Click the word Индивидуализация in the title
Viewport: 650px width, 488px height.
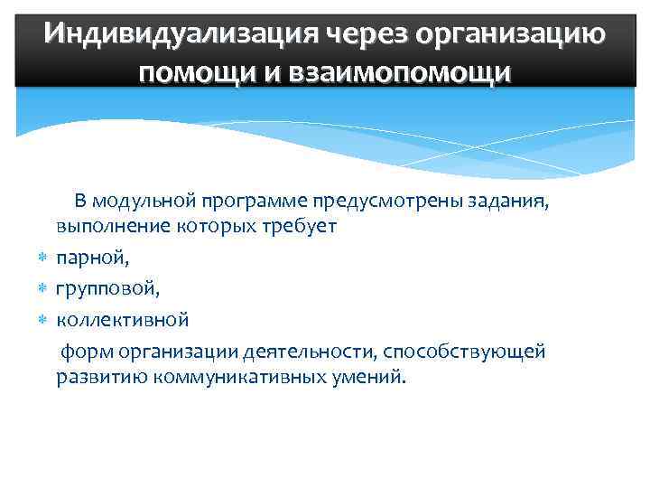tap(170, 33)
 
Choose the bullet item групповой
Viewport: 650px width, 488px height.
tap(107, 289)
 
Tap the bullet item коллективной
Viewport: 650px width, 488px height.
tap(122, 320)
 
